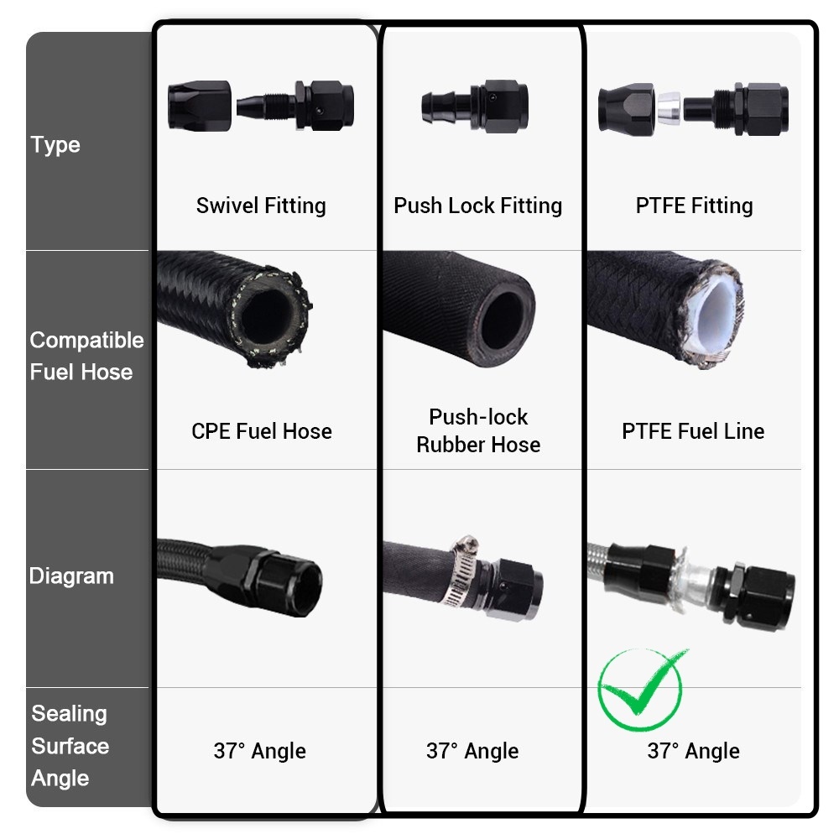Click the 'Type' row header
pos(55,145)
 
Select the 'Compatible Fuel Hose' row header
pos(86,356)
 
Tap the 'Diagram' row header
pos(71,576)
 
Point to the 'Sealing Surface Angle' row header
pos(70,746)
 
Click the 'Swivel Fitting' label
pos(261,206)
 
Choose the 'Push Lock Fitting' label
pos(478,206)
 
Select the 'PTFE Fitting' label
pos(694,206)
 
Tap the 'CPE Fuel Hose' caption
pos(262,431)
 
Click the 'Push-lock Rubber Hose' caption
pos(478,430)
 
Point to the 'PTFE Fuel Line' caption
pos(693,431)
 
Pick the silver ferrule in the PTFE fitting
pos(669,108)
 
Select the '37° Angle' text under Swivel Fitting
pos(259,751)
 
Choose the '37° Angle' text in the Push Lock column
pos(472,751)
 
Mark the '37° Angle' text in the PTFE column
pos(694,751)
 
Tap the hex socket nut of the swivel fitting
pos(200,106)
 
